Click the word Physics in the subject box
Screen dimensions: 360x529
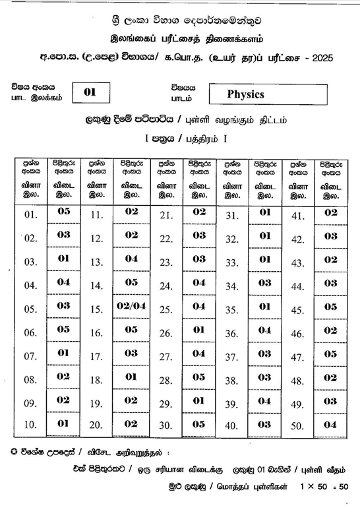tap(245, 94)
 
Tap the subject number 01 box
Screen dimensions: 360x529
tap(90, 92)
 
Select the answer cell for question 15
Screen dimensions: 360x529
tap(131, 306)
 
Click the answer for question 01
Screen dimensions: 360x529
tap(63, 212)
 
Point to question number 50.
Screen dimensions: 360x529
tap(297, 426)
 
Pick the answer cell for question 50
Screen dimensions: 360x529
tap(330, 424)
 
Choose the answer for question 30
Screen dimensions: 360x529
tap(199, 424)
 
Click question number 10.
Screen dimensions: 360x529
tap(30, 425)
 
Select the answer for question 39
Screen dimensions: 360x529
tap(264, 400)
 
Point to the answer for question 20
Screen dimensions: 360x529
tap(131, 424)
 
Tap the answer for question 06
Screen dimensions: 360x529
tap(63, 329)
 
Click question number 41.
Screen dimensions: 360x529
tap(297, 216)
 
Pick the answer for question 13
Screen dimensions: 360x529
tap(131, 259)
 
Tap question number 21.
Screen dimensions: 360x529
tap(165, 215)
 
